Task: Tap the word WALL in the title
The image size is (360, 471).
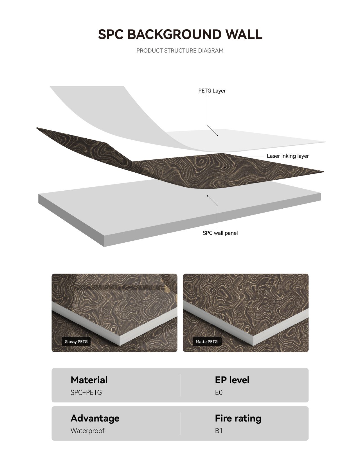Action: point(244,35)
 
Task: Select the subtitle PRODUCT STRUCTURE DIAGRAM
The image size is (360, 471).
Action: point(180,51)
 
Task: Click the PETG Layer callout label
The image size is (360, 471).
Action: point(212,91)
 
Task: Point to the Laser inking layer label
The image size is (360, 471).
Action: point(288,156)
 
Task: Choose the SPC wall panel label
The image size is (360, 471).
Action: point(220,233)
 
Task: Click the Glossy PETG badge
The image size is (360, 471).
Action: point(76,342)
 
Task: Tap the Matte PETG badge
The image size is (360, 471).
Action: point(207,342)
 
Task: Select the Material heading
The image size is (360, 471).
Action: point(89,380)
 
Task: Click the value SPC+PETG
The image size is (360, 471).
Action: point(86,393)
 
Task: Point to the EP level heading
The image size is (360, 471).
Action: point(232,380)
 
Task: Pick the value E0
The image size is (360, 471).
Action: point(219,393)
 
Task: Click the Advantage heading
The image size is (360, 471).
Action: point(95,418)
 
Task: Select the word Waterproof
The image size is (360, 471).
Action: point(87,431)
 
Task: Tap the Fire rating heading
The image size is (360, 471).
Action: point(238,418)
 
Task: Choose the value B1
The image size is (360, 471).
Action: point(219,431)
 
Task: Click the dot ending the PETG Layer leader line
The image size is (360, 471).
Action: point(217,135)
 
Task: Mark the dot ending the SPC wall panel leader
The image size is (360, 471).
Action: point(207,196)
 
